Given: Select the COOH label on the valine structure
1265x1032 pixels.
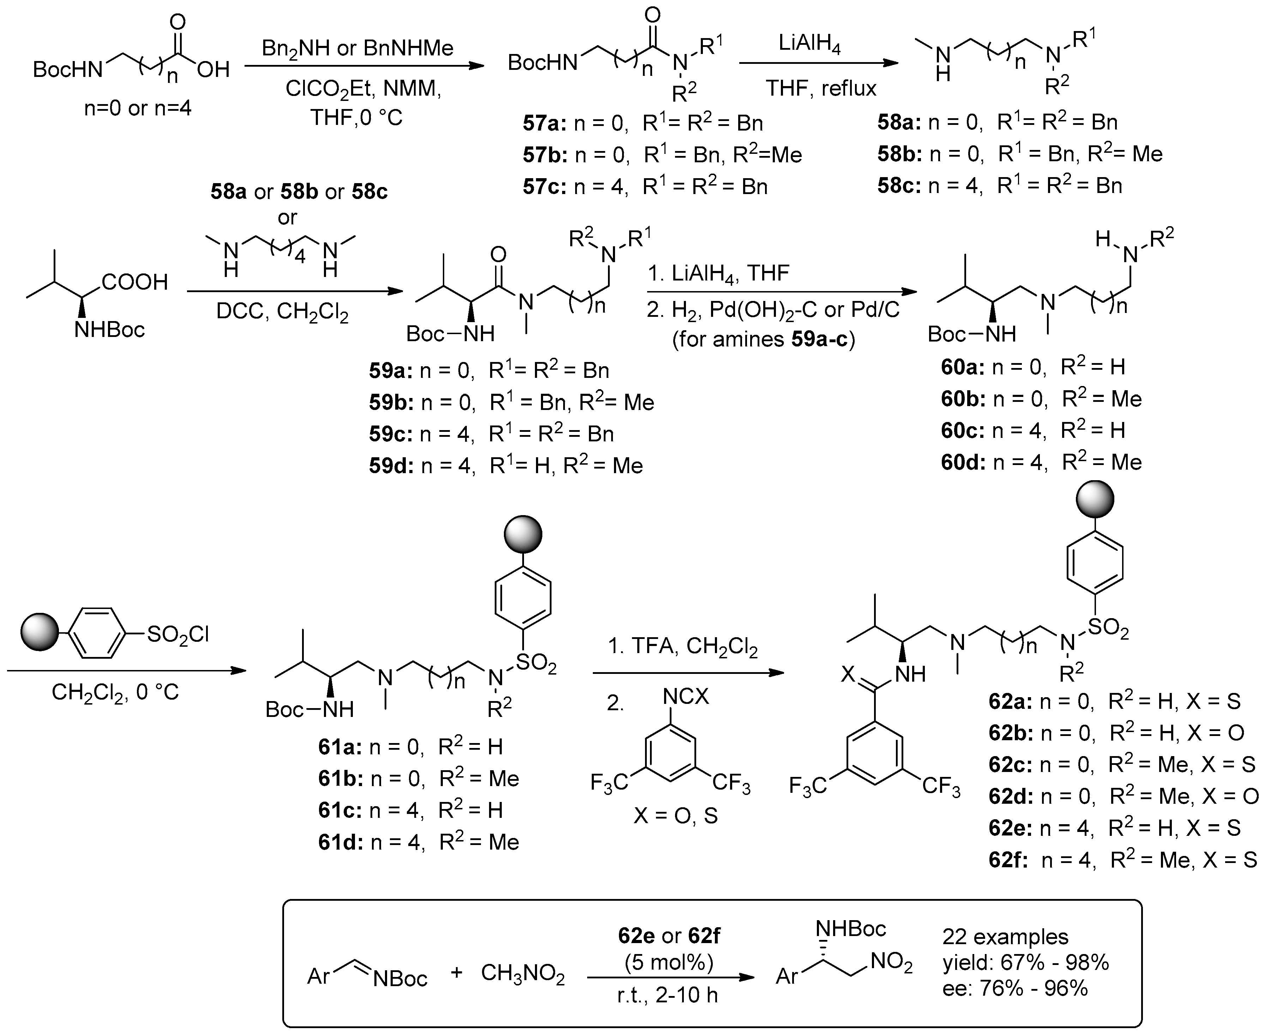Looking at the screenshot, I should coord(135,282).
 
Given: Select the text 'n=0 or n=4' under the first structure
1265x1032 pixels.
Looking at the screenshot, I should coord(138,109).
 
